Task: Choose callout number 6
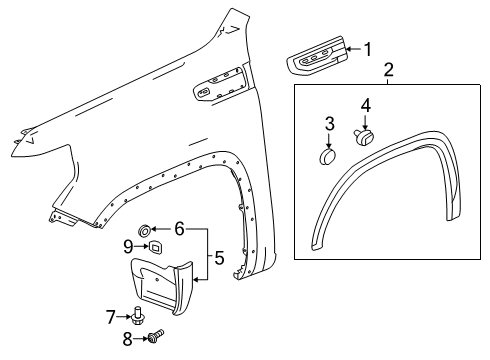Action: [x=181, y=228]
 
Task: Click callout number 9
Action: [x=128, y=245]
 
